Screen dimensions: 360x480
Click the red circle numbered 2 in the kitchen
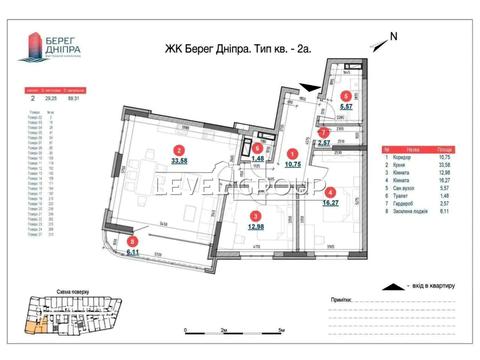pos(149,151)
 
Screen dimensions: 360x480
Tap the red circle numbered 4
pos(330,192)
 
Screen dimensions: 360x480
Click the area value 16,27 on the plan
pos(330,204)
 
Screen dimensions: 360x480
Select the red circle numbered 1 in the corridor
pos(292,153)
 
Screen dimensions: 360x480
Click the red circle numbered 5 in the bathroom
pos(345,97)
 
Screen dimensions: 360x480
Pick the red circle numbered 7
pos(322,132)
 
